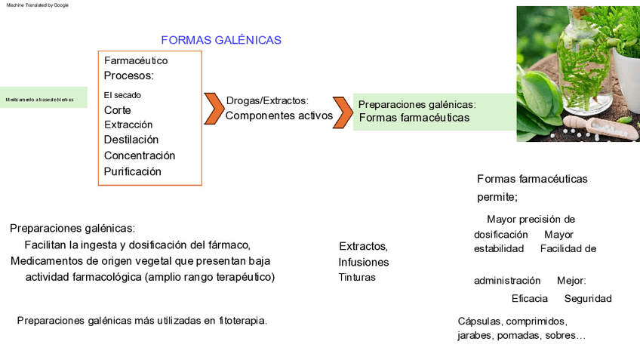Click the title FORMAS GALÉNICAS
[x=221, y=40]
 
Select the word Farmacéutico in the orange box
[x=136, y=60]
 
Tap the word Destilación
[x=131, y=140]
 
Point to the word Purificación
[x=133, y=171]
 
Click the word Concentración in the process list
[x=140, y=155]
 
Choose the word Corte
[x=118, y=110]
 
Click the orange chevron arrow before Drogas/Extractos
[x=214, y=109]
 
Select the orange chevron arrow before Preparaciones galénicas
[x=343, y=112]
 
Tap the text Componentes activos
[x=278, y=115]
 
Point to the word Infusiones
[x=364, y=263]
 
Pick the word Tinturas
[x=357, y=278]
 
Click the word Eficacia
[x=530, y=299]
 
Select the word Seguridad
[x=588, y=299]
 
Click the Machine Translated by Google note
[x=38, y=5]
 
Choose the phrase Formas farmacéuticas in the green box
[x=414, y=118]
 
